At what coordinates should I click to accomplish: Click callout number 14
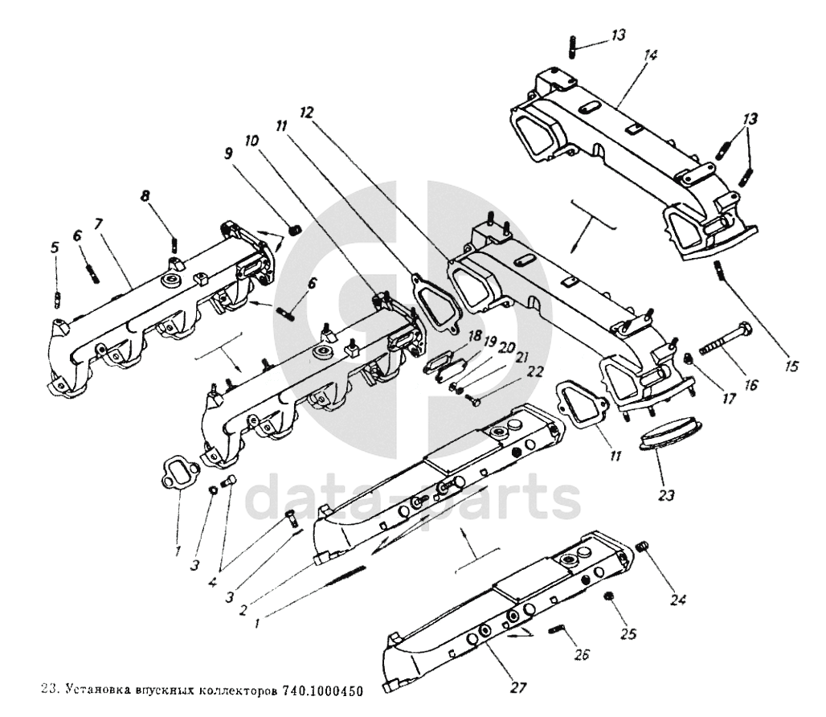tap(650, 55)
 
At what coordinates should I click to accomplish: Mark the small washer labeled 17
tap(688, 358)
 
